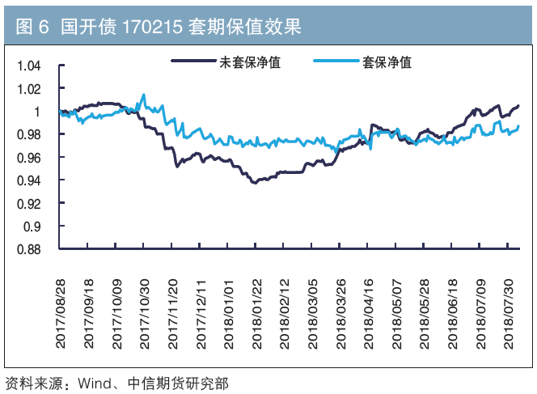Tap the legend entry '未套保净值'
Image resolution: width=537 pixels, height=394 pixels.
[250, 62]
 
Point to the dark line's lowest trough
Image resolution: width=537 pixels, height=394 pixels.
[255, 183]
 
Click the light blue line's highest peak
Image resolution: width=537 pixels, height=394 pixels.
[144, 95]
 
